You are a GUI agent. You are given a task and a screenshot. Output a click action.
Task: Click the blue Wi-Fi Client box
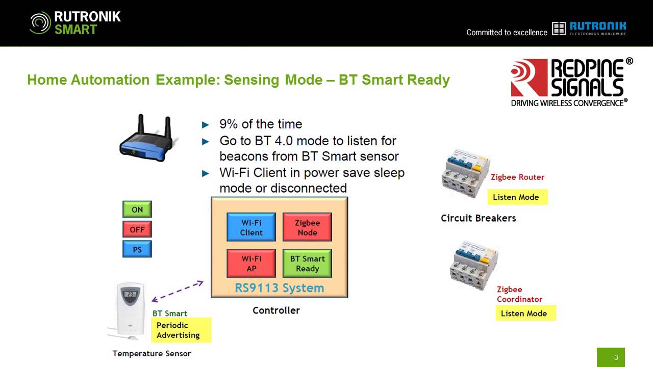[251, 227]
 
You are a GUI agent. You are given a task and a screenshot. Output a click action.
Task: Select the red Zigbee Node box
[307, 227]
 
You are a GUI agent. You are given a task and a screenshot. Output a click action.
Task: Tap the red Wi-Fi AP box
[251, 264]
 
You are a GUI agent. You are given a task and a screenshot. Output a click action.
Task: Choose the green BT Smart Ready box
[307, 264]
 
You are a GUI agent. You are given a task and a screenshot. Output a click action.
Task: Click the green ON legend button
[137, 209]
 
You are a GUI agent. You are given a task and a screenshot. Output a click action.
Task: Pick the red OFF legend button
[137, 229]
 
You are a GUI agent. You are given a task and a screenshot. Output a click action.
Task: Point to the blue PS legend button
[137, 249]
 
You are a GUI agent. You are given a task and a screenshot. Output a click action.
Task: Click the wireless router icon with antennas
[146, 137]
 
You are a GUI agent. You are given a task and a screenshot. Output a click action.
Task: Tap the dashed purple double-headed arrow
[178, 292]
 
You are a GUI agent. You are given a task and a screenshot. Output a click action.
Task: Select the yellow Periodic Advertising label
[181, 330]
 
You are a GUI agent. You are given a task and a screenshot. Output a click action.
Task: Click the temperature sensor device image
[131, 311]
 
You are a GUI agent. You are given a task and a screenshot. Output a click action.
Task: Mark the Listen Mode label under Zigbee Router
[517, 197]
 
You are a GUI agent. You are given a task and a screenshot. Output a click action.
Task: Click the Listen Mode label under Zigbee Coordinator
[525, 313]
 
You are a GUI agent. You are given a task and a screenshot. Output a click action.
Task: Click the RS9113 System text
[279, 288]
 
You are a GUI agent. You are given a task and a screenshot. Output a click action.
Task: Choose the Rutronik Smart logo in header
[76, 23]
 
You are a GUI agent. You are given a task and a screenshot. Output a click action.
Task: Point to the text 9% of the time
[260, 124]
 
